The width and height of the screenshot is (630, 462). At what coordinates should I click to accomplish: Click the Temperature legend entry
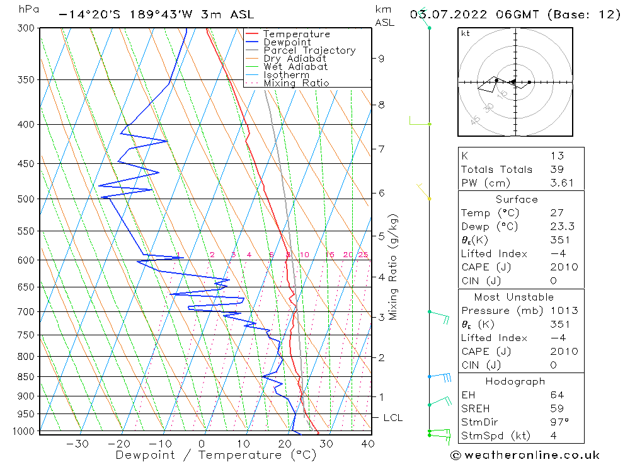[296, 34]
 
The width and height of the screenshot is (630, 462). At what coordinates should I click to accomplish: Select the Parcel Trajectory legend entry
[309, 50]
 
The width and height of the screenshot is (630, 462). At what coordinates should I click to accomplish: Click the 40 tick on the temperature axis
[368, 444]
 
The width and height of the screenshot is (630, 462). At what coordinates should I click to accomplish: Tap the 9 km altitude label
[381, 59]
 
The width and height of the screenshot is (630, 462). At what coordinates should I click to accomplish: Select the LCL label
[392, 418]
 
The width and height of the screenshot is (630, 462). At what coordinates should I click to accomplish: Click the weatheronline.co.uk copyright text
[525, 455]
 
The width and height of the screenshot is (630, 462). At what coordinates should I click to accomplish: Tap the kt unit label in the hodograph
[466, 33]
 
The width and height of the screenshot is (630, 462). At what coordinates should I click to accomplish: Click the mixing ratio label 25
[363, 255]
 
